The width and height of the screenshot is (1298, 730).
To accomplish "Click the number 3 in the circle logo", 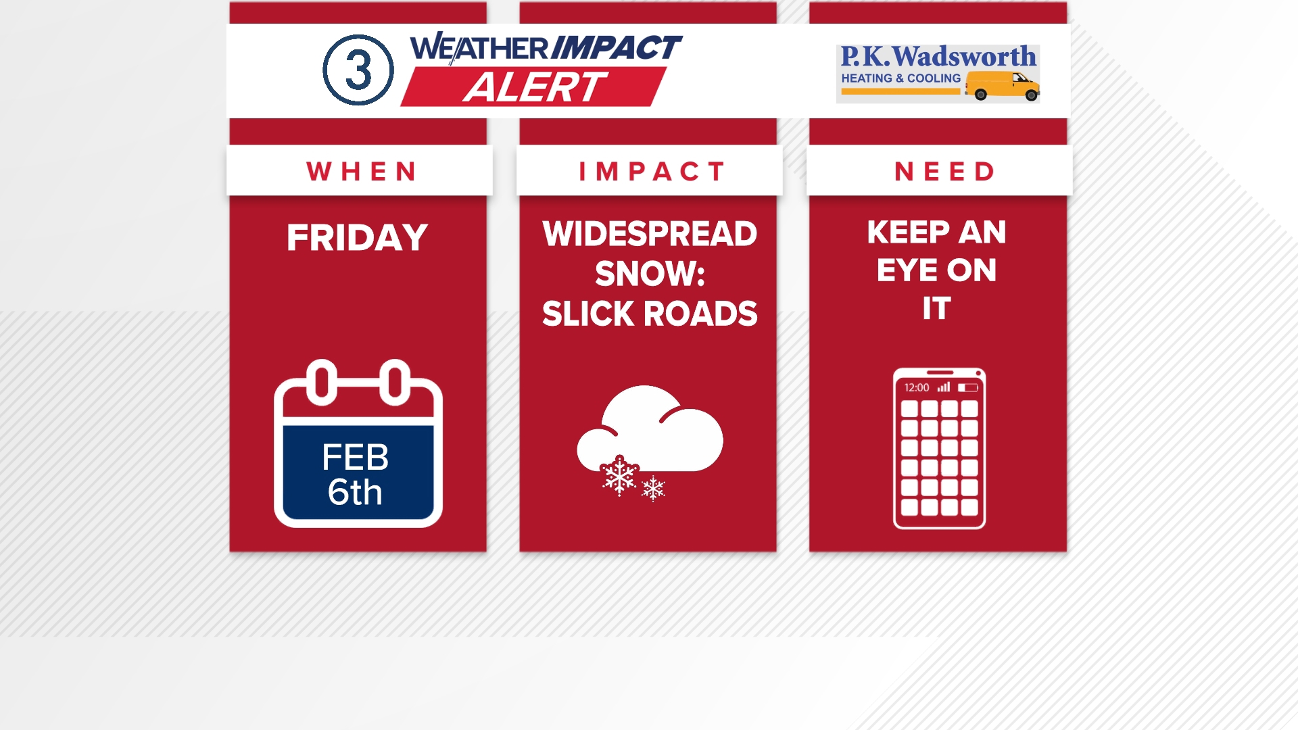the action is click(358, 70).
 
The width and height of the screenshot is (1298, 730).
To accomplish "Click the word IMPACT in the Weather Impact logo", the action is click(616, 47).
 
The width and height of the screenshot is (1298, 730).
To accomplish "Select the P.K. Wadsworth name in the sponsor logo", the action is click(938, 56).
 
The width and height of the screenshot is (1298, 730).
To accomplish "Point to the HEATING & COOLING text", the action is click(900, 78).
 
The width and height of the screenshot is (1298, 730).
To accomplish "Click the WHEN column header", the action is click(361, 172).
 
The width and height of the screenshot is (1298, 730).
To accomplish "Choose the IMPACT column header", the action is click(651, 172).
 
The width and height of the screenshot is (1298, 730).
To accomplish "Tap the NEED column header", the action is click(944, 172).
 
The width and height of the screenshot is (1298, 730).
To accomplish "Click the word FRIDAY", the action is click(357, 238).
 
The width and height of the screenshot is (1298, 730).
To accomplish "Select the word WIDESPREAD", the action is click(650, 234).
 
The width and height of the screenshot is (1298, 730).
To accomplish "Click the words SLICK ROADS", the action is click(650, 314).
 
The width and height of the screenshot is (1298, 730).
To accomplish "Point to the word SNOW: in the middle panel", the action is click(650, 274).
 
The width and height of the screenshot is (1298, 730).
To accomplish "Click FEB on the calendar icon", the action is click(355, 458).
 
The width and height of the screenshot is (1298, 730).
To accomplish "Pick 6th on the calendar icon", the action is click(355, 492).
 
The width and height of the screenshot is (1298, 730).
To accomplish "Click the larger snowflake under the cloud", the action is click(619, 475).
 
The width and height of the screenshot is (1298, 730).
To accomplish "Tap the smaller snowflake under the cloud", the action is click(653, 488).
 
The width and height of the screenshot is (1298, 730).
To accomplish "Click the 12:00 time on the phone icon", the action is click(917, 387).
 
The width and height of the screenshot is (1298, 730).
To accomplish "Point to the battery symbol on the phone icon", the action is click(967, 387).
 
